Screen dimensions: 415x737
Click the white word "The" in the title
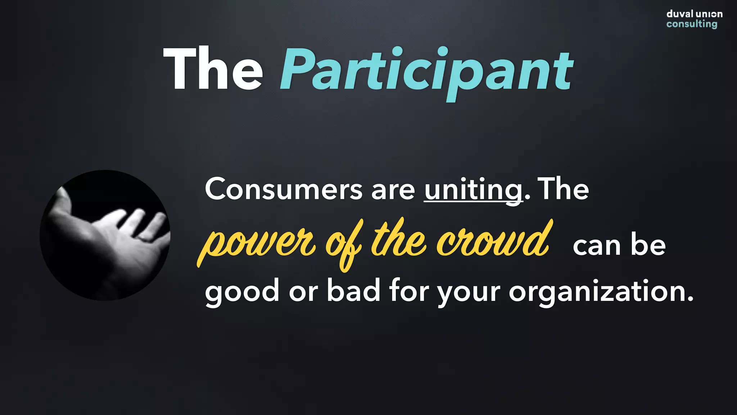click(x=213, y=69)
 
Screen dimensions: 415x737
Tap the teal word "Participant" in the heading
click(x=426, y=70)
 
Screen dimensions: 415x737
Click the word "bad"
click(x=353, y=291)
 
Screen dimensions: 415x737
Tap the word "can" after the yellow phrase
click(x=596, y=246)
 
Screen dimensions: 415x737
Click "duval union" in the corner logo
click(x=694, y=14)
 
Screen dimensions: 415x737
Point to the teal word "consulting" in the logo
click(x=691, y=24)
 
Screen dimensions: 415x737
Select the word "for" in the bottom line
click(x=409, y=291)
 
